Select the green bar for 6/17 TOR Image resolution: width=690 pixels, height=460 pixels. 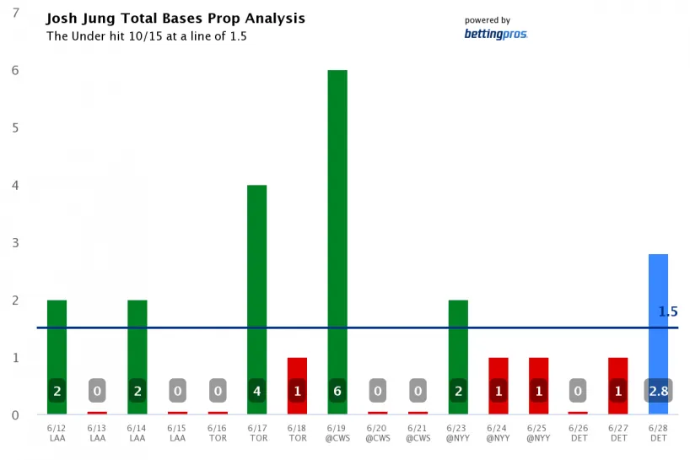click(256, 279)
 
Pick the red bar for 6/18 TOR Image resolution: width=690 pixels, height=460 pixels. click(297, 371)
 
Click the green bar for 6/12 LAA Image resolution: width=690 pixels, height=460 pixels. click(57, 338)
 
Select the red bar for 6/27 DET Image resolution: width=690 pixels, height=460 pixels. click(617, 371)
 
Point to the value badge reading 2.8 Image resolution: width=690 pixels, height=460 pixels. click(658, 391)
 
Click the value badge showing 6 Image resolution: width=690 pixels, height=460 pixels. click(337, 391)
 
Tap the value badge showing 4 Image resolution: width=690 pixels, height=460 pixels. click(256, 391)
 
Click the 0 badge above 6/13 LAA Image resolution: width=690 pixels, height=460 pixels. click(97, 391)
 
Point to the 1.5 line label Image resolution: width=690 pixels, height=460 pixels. click(668, 311)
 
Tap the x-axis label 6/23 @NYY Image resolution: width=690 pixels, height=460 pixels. click(457, 433)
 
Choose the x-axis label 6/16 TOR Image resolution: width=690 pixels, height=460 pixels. click(217, 433)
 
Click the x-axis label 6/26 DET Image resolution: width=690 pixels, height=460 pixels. click(578, 433)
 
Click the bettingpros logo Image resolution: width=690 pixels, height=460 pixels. click(496, 34)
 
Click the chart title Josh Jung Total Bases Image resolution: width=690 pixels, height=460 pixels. click(175, 18)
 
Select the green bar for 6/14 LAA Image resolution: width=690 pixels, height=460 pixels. click(137, 338)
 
